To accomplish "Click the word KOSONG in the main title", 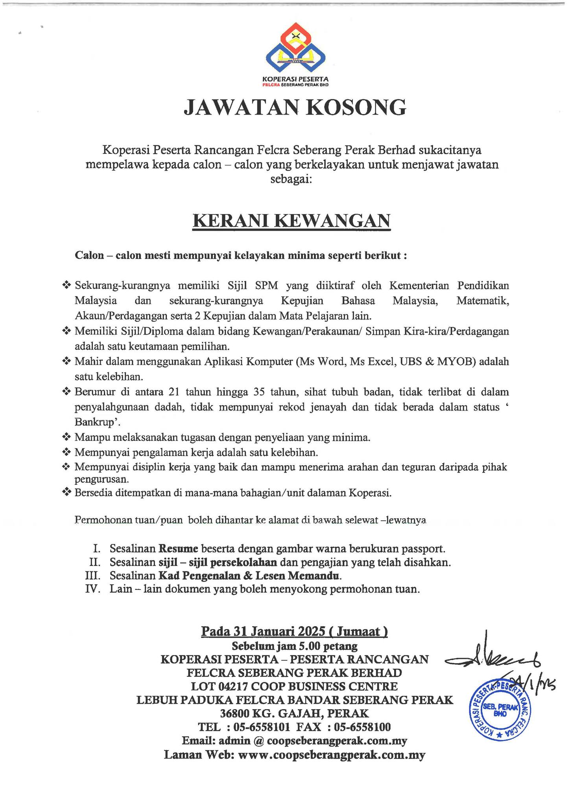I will point(356,107).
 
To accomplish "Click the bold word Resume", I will point(178,548).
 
